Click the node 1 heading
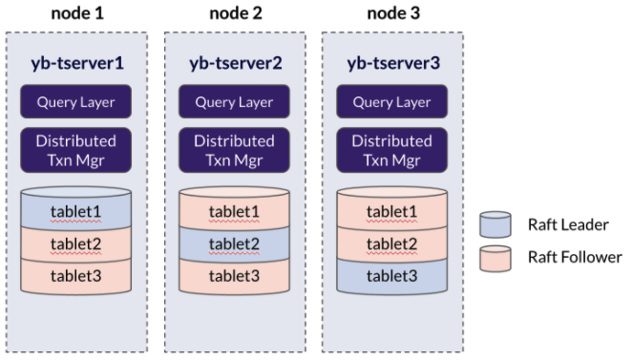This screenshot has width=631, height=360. coord(76,13)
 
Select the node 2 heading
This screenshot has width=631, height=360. coord(234,13)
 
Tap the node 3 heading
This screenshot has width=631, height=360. coord(391,13)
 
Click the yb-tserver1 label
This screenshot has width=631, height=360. coord(76,64)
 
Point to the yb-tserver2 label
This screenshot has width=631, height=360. coord(234,64)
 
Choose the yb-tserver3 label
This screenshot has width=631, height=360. coord(391,64)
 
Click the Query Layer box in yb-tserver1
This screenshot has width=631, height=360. coord(76,102)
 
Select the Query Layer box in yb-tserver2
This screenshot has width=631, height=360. coord(234,102)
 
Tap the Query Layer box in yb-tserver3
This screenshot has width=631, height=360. coord(391,102)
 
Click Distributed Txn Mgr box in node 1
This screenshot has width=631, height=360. coord(76,150)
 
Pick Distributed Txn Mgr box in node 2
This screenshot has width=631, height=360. coord(234,150)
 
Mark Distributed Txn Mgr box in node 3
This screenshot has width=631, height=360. coord(391,150)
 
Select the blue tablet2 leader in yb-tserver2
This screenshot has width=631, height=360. coord(234,244)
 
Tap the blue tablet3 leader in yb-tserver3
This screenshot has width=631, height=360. coord(391,277)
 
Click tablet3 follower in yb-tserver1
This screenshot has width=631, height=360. coord(76,277)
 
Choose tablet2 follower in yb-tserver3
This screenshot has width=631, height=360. coord(391,244)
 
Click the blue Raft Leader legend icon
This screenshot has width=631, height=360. coord(494,225)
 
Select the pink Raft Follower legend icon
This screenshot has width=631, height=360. coord(494,258)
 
